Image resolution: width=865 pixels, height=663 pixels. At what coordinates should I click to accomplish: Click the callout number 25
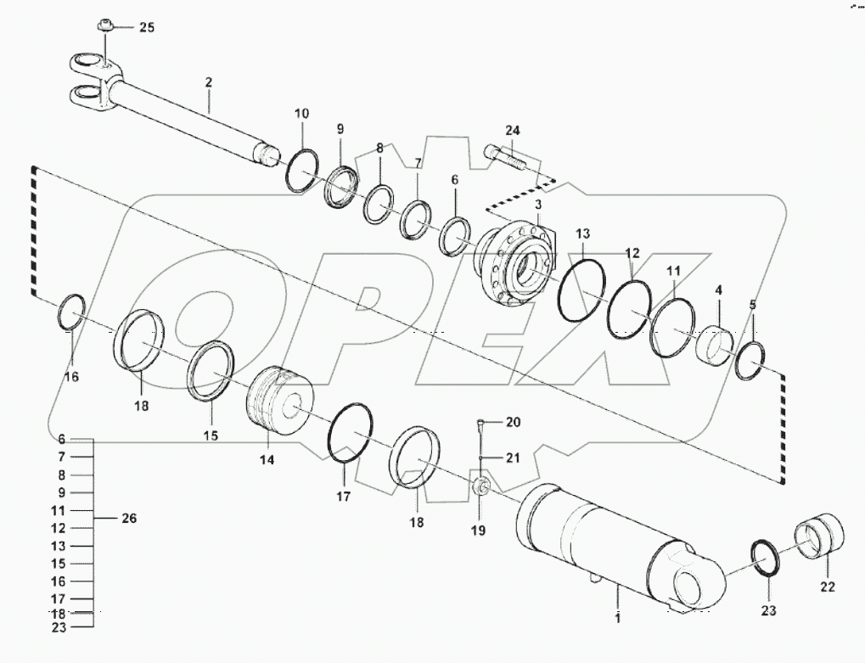[147, 28]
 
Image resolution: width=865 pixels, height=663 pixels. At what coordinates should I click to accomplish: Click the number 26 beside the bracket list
[129, 518]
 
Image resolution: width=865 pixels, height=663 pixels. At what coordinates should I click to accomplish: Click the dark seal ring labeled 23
[769, 558]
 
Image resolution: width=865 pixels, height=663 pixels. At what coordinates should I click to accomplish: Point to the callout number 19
[478, 531]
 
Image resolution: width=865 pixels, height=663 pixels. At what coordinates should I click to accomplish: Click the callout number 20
[513, 422]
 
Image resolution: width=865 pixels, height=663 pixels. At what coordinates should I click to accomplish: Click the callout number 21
[512, 458]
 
